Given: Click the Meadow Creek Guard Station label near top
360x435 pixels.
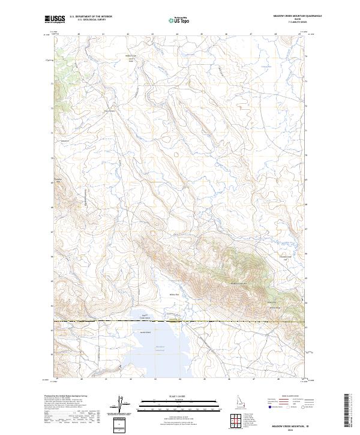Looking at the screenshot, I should pos(131,58).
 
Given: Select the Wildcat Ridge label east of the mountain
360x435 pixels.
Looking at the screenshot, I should pos(274,308).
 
